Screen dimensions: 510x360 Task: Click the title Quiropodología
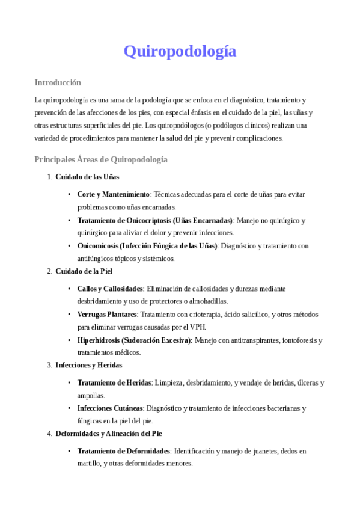tap(180, 52)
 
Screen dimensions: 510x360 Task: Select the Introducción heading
tap(58, 82)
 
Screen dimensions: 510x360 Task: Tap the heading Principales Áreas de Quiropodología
tap(101, 159)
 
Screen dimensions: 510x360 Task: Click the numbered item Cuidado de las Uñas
tap(87, 177)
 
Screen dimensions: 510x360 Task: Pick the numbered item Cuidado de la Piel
tap(84, 271)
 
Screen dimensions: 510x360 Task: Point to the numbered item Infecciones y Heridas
tap(89, 365)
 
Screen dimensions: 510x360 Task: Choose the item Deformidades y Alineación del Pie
tap(108, 433)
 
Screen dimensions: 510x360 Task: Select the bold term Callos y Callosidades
tap(110, 289)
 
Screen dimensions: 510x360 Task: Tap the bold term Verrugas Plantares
tap(107, 315)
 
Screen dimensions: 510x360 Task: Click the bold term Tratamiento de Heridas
tap(114, 382)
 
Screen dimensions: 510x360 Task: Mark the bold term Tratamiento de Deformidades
tap(124, 450)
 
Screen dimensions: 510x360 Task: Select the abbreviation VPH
tap(197, 327)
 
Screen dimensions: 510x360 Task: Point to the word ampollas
tap(91, 396)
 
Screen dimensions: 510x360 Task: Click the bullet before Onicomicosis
tap(70, 246)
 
